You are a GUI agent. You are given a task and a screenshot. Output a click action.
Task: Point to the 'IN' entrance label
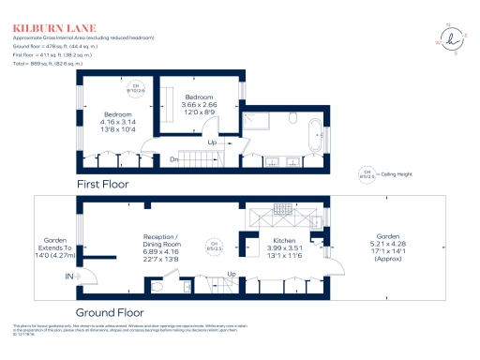coord(68,277)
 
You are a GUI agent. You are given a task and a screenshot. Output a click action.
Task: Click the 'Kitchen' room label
coord(258,240)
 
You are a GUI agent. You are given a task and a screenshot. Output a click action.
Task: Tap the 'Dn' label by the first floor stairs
coord(174,159)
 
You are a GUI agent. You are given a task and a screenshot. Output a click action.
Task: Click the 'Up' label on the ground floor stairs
coord(231,274)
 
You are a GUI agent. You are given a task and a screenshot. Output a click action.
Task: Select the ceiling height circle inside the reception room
coord(215,247)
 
